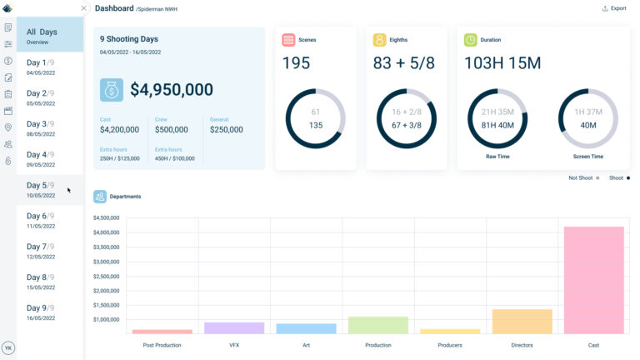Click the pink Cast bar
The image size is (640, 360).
pos(593,280)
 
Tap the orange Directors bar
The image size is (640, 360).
pos(522,322)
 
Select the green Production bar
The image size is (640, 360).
pos(377,325)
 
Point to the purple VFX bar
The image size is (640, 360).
pos(234,327)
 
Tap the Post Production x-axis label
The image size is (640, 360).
pos(162,344)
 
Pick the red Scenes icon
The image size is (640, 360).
pos(288,39)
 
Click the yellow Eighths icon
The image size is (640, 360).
pos(379,39)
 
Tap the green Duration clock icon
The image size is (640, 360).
pos(471,39)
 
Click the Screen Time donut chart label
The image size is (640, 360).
pos(587,156)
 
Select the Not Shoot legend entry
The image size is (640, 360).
pos(583,177)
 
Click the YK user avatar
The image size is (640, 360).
pos(8,347)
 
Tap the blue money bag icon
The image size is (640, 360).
pos(111,90)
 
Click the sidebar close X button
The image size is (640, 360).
pos(83,8)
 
